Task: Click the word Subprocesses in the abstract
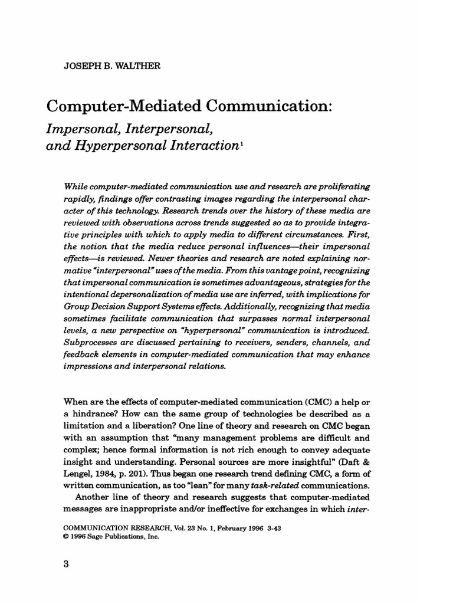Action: point(99,343)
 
